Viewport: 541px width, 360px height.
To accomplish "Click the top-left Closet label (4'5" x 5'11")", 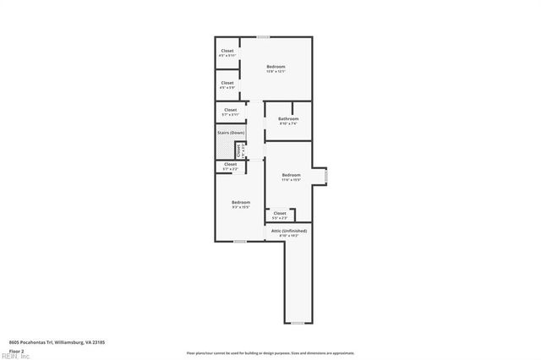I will point(227,51).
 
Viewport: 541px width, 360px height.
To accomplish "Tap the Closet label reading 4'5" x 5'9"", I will point(227,83).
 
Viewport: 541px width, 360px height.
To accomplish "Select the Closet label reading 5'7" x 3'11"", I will point(230,110).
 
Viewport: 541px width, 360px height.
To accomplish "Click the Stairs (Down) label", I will point(231,133).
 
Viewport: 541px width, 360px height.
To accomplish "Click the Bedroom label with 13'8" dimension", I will point(276,67).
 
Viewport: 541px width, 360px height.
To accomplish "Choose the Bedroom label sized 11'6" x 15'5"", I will point(291,175).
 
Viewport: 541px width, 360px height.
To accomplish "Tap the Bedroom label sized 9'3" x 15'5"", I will point(241,202).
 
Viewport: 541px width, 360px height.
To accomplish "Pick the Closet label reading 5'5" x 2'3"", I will point(279,213).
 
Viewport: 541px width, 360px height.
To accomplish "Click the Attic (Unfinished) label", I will point(289,231).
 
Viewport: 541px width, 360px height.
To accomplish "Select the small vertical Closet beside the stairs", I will point(240,150).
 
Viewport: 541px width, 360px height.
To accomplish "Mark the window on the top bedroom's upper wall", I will point(264,36).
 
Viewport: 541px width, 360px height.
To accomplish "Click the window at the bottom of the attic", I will point(297,323).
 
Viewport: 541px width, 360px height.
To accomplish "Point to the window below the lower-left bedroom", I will point(240,242).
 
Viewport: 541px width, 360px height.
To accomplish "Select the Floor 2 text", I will point(16,350).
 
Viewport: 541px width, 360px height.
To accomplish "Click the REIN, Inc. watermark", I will point(15,356).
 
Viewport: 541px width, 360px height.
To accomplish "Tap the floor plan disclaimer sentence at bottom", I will point(270,353).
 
